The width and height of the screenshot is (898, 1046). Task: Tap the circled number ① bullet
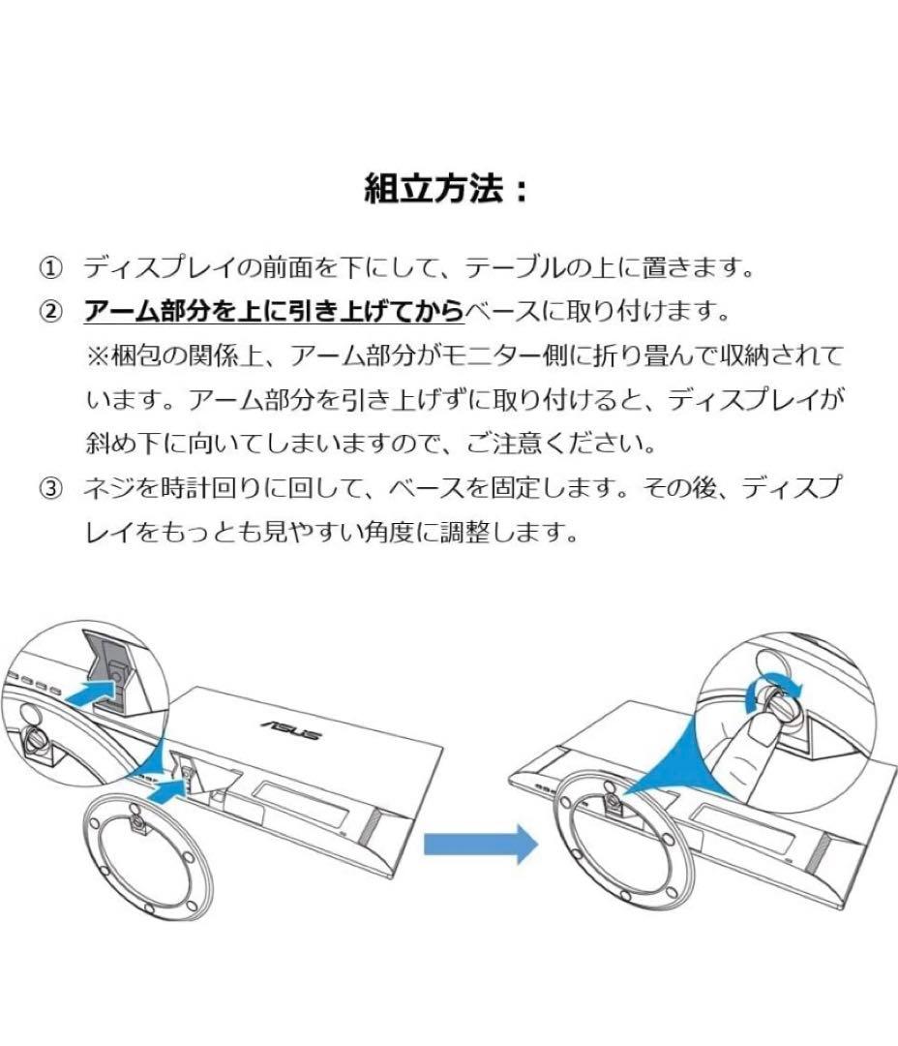pyautogui.click(x=49, y=266)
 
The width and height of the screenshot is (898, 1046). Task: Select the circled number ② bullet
pyautogui.click(x=49, y=312)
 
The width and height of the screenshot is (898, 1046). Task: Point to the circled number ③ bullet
pyautogui.click(x=49, y=489)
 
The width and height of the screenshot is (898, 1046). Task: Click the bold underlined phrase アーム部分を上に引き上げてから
pyautogui.click(x=274, y=312)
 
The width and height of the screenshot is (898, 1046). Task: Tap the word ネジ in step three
pyautogui.click(x=104, y=489)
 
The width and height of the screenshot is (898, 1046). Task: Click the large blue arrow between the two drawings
pyautogui.click(x=480, y=841)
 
